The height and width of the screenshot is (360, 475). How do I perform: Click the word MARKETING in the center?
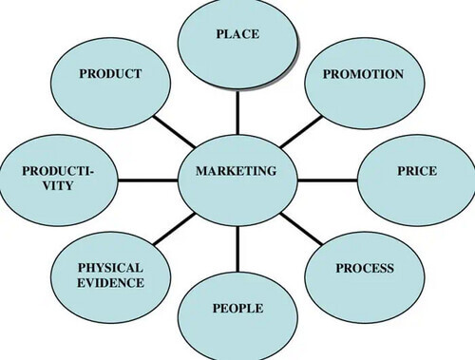[236, 171]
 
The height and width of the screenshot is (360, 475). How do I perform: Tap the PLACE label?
[237, 34]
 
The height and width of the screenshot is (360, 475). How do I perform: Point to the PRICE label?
[417, 171]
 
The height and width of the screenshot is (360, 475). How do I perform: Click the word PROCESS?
[364, 269]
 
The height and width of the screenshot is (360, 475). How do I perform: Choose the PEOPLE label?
[237, 309]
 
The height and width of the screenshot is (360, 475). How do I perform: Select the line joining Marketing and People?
[237, 247]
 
